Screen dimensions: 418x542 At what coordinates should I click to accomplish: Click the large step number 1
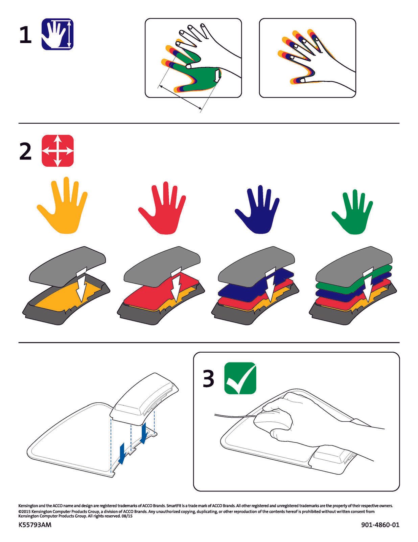coord(26,35)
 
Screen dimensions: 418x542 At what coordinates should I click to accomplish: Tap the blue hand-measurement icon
coord(57,34)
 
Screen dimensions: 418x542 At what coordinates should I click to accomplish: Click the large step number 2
coord(25,151)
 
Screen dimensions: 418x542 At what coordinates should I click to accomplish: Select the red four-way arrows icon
coord(57,151)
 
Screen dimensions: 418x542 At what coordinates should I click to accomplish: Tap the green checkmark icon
coord(240,378)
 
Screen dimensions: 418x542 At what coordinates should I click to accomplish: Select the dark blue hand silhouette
coord(257,209)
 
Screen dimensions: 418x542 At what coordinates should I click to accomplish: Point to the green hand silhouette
coord(352,212)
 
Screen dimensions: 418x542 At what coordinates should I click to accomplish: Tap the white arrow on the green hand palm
coord(217,76)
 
